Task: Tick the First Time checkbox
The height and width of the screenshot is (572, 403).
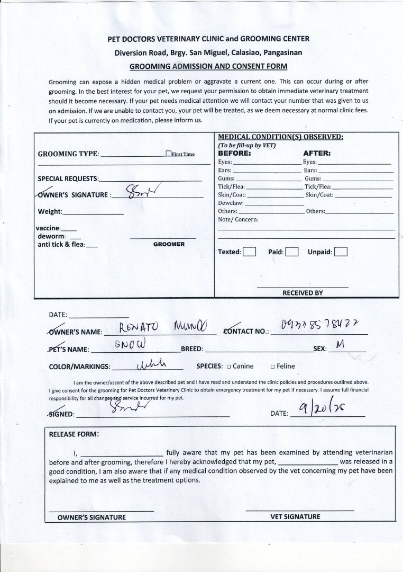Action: [x=169, y=154]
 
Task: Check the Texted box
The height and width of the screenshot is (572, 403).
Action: [x=250, y=252]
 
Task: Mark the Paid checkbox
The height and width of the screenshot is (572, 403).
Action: [x=292, y=252]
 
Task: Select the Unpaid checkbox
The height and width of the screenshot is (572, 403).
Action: [x=341, y=252]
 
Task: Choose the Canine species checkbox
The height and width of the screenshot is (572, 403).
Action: [x=228, y=367]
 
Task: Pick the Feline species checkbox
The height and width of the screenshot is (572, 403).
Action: [x=272, y=367]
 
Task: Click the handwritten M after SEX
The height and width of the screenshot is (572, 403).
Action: [x=340, y=345]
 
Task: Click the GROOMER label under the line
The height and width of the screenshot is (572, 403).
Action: [x=169, y=245]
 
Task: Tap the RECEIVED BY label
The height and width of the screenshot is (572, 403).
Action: [x=303, y=293]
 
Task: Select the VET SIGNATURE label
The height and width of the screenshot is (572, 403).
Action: [x=295, y=517]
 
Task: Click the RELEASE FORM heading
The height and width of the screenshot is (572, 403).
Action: [x=74, y=434]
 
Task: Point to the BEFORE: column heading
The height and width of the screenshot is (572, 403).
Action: [x=234, y=154]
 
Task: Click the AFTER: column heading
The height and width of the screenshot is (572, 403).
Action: [x=317, y=154]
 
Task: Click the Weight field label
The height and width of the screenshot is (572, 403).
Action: [x=50, y=212]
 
